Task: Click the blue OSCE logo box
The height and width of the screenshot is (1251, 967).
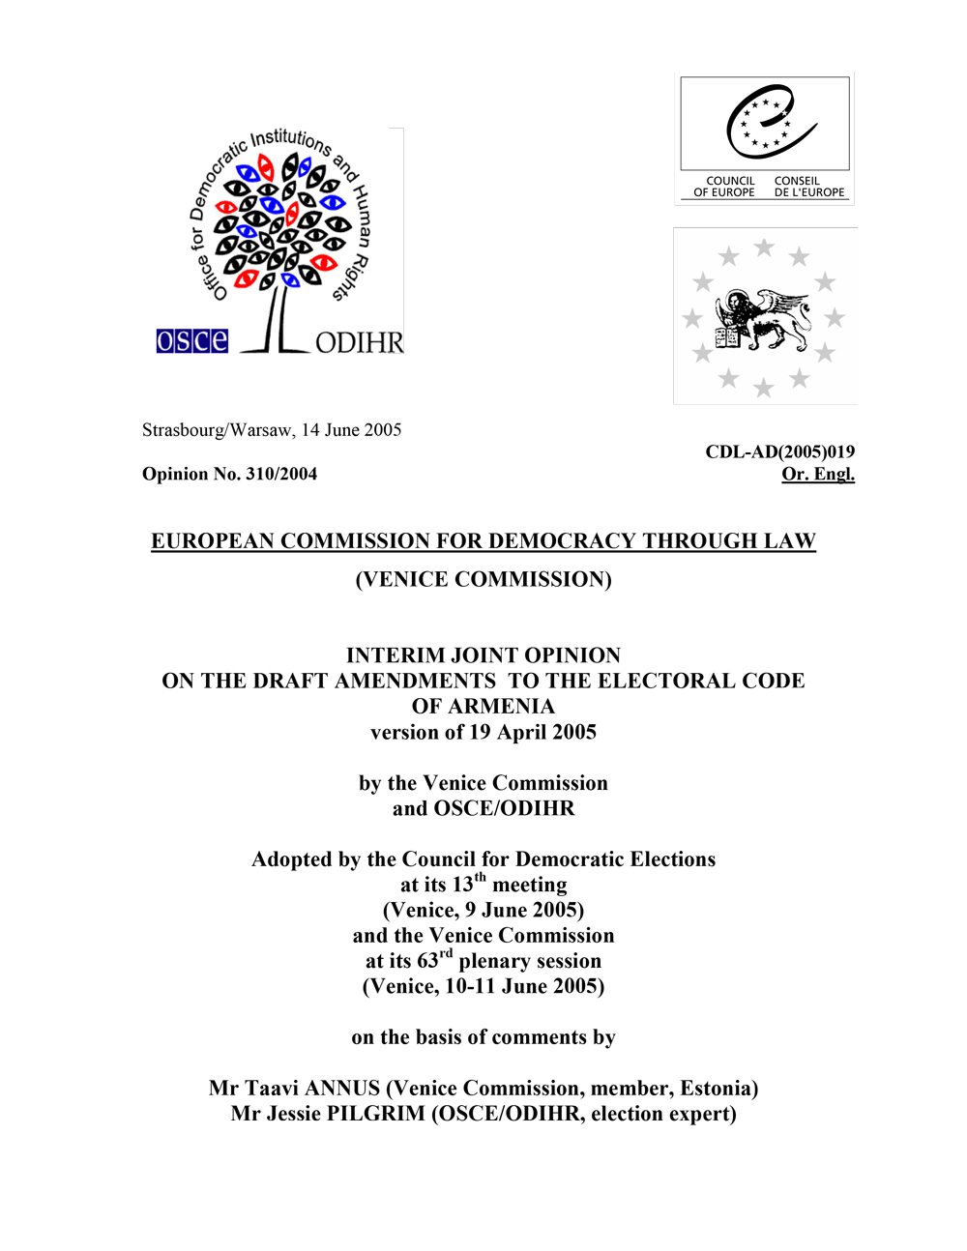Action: (x=192, y=341)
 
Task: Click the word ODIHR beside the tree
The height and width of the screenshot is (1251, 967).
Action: (x=359, y=343)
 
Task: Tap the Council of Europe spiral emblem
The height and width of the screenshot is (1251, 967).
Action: (x=770, y=123)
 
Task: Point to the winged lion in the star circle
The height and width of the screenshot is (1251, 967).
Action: (x=764, y=319)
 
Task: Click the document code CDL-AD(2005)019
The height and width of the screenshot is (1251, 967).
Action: (x=779, y=451)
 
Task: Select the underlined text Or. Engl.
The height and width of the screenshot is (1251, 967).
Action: (x=818, y=474)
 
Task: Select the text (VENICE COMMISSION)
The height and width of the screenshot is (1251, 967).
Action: (x=483, y=579)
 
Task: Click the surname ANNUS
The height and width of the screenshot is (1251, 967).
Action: (x=342, y=1089)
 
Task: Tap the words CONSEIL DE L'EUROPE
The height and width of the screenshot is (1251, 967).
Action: (x=808, y=187)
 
